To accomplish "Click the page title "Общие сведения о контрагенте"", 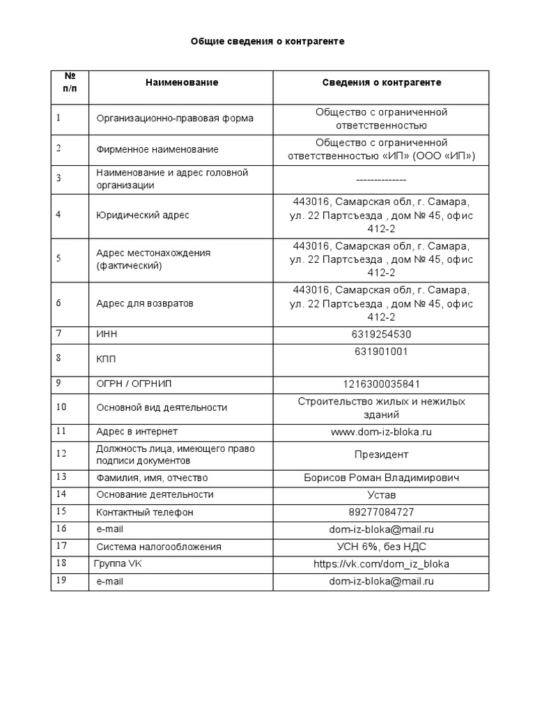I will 267,42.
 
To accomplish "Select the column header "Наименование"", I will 181,82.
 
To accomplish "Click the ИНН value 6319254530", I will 381,334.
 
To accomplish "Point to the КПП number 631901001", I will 381,351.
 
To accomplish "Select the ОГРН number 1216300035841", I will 381,384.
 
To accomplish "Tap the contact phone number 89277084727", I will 381,512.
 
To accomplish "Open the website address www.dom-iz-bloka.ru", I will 381,432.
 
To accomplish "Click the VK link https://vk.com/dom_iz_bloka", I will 381,563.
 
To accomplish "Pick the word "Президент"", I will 381,455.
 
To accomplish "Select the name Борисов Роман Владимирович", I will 381,478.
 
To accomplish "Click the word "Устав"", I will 381,495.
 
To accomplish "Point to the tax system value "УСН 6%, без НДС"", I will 381,547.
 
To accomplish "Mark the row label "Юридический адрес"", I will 142,215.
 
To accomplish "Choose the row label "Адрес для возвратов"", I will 144,303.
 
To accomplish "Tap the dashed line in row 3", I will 381,179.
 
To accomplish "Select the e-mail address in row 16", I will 381,529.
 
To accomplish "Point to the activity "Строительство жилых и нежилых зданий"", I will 381,408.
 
